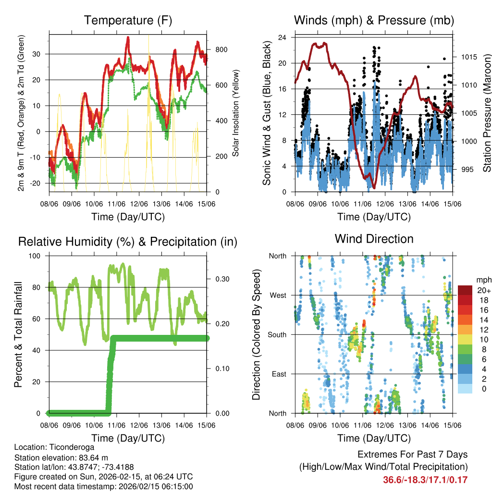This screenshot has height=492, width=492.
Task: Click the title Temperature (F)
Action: click(128, 21)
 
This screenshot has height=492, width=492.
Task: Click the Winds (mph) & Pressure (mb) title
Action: click(374, 21)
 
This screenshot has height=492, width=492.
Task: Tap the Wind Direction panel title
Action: click(374, 239)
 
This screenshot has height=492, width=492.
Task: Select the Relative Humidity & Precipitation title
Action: click(128, 242)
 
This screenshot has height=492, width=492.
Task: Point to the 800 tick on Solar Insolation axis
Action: click(221, 50)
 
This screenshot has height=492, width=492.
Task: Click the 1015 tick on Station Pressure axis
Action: click(469, 57)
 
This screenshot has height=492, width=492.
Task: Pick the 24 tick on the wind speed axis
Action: click(283, 37)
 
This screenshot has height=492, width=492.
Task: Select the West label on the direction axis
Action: click(277, 295)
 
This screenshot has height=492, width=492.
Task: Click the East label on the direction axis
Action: click(278, 374)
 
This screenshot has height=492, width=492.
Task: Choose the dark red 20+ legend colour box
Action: click(465, 290)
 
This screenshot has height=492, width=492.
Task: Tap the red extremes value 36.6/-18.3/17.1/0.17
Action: click(425, 480)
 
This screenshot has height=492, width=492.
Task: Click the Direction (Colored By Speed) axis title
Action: click(256, 334)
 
